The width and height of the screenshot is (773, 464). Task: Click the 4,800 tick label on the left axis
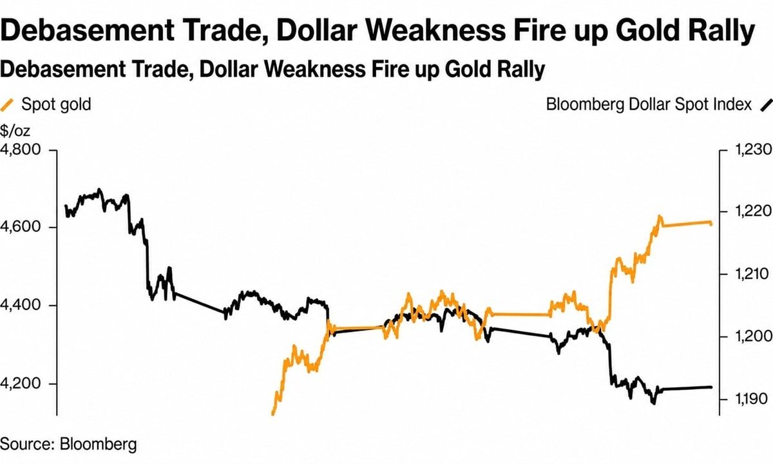[21, 150]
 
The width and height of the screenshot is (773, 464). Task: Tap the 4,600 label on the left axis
[21, 227]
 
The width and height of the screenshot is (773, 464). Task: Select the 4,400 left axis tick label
[21, 305]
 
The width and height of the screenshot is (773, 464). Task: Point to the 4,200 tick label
[21, 383]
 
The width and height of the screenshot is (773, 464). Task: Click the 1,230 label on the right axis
[753, 150]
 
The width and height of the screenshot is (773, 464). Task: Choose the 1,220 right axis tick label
[753, 211]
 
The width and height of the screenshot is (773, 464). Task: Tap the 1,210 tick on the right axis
[752, 274]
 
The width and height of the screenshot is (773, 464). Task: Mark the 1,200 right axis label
[753, 336]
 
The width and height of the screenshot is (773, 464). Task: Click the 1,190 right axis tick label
[752, 399]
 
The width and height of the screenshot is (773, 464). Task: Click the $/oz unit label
[15, 131]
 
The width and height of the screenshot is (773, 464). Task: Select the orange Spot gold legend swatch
[6, 105]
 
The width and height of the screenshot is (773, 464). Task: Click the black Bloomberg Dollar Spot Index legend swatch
[766, 105]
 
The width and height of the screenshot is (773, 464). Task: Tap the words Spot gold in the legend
[56, 104]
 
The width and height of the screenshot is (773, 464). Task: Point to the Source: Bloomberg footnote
[68, 444]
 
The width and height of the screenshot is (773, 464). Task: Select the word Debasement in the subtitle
[63, 69]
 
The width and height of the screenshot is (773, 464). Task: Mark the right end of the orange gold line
[711, 224]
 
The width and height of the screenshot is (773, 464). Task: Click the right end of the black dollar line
[711, 387]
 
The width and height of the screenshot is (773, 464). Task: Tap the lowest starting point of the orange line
[272, 414]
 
